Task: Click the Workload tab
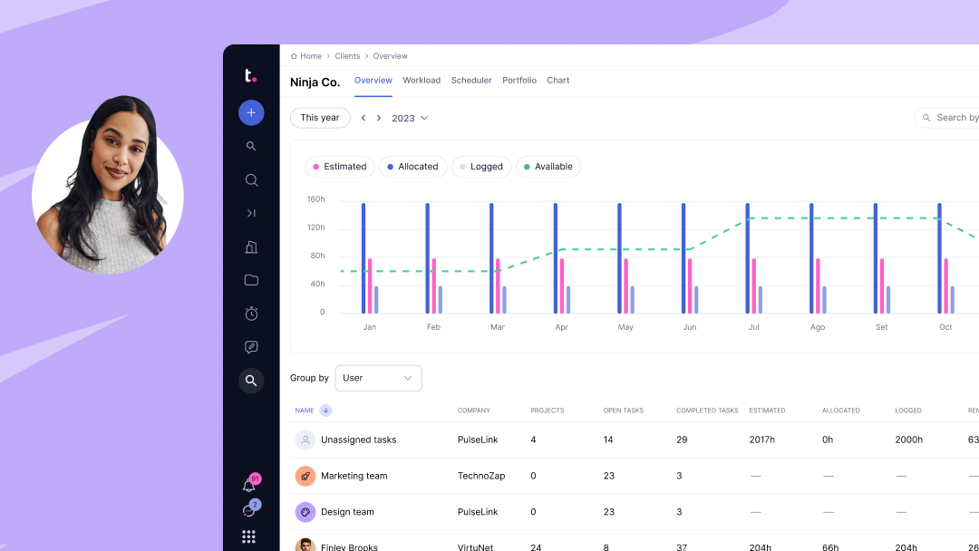[x=422, y=81]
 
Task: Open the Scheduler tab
[x=471, y=81]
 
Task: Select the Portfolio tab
[x=519, y=81]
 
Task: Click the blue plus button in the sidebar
[x=251, y=112]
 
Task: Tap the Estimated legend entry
[x=340, y=167]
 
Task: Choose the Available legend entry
[x=548, y=167]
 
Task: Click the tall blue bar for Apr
[x=555, y=258]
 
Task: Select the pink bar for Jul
[x=753, y=285]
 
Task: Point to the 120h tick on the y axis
[x=315, y=227]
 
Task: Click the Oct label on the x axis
[x=945, y=327]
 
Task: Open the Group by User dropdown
[x=378, y=378]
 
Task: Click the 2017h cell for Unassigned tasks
[x=762, y=440]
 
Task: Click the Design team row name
[x=347, y=512]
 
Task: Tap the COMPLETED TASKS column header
[x=707, y=411]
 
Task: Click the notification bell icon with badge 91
[x=249, y=485]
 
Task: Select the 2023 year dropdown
[x=410, y=118]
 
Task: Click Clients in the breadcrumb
[x=347, y=56]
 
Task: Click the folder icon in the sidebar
[x=251, y=280]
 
